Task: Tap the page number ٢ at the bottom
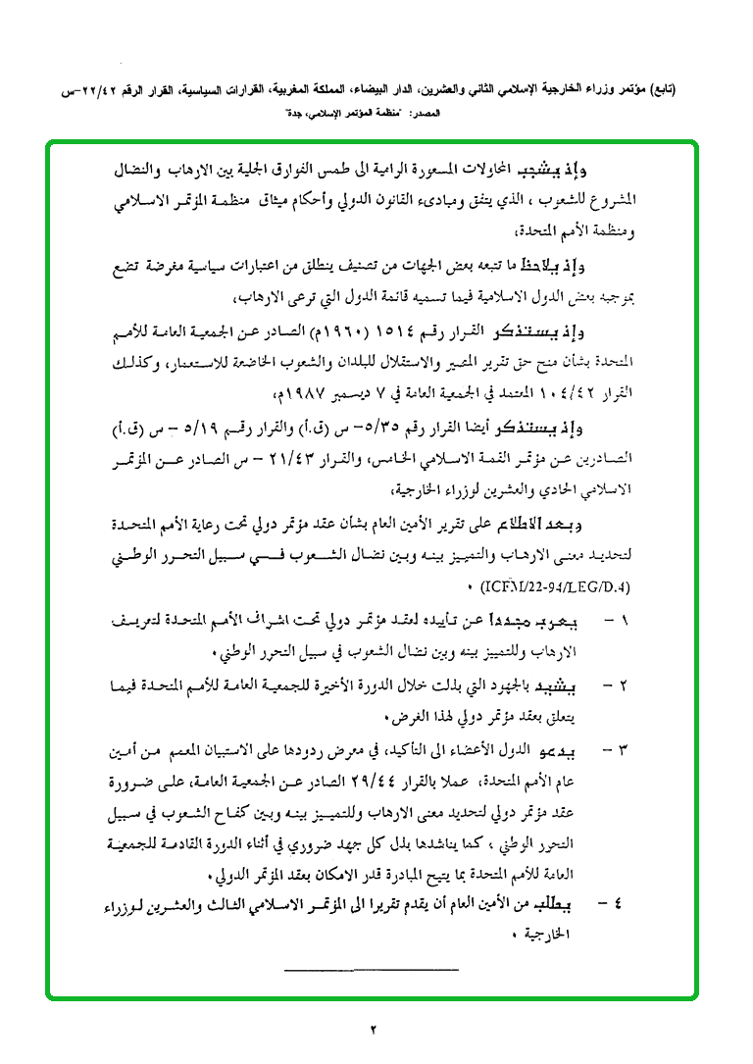(x=374, y=1030)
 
